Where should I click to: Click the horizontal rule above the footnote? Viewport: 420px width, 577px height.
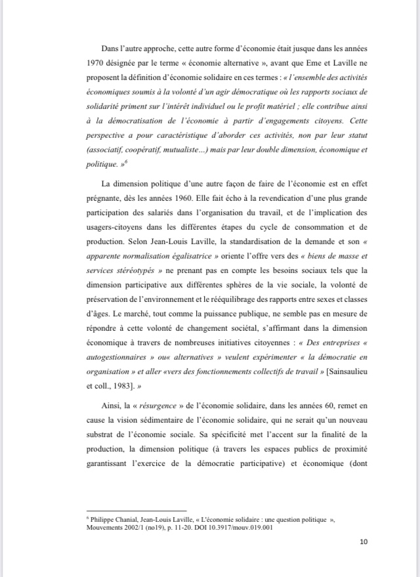(136, 510)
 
